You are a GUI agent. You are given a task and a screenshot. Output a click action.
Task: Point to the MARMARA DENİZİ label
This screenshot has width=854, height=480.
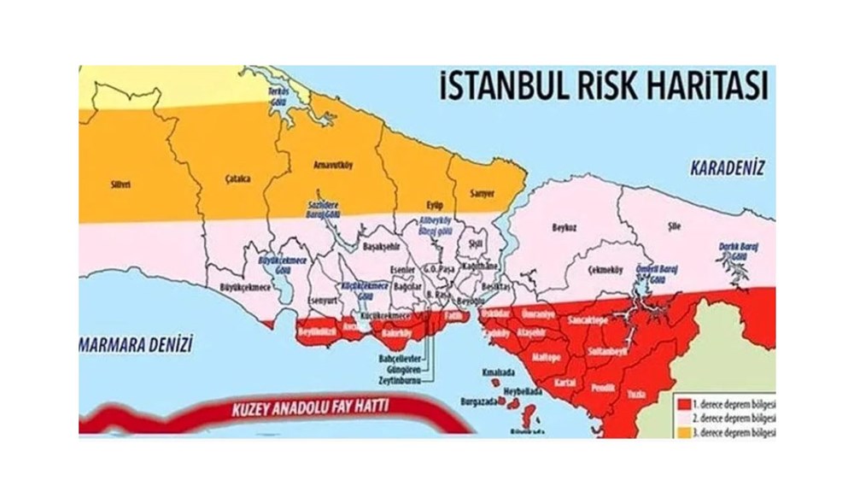(133, 344)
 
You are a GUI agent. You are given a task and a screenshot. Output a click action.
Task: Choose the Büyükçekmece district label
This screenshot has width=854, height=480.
(244, 288)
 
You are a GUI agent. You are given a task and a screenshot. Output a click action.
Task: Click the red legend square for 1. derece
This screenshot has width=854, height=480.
(684, 401)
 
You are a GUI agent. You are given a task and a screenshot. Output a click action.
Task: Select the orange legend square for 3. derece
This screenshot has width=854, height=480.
(684, 432)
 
